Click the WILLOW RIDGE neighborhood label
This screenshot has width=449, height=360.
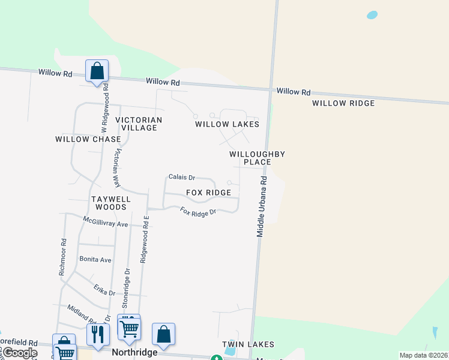point(343,103)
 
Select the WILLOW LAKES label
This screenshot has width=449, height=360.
point(227,124)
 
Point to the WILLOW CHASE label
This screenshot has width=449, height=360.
point(88,139)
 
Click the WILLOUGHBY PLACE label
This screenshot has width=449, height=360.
point(257,158)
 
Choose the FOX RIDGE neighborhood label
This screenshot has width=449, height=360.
point(208,193)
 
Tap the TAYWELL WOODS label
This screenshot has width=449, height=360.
point(109,202)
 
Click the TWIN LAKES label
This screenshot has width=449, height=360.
point(248,344)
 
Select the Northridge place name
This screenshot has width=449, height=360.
point(134,352)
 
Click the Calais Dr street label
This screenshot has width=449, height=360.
point(182,177)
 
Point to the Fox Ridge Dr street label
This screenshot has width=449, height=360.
point(198,211)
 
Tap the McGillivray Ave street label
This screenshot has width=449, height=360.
point(106,223)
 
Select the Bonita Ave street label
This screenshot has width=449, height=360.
point(95,260)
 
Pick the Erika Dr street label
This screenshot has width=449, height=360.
point(104,291)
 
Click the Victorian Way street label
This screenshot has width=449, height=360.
point(116,168)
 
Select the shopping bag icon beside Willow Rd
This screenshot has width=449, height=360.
point(97,71)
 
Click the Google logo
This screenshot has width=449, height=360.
point(20,353)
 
